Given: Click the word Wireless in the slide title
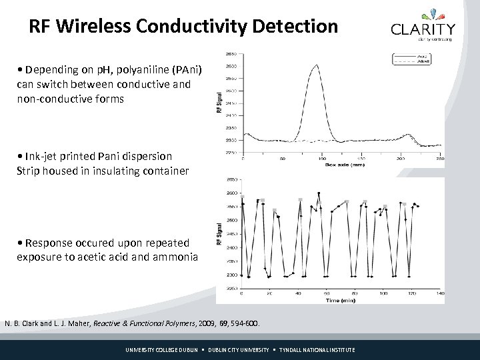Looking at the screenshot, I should [104, 26].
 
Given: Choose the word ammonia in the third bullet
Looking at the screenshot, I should [174, 257].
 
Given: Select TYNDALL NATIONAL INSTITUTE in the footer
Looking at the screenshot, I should [317, 350].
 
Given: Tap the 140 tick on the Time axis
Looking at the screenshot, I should [440, 294].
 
